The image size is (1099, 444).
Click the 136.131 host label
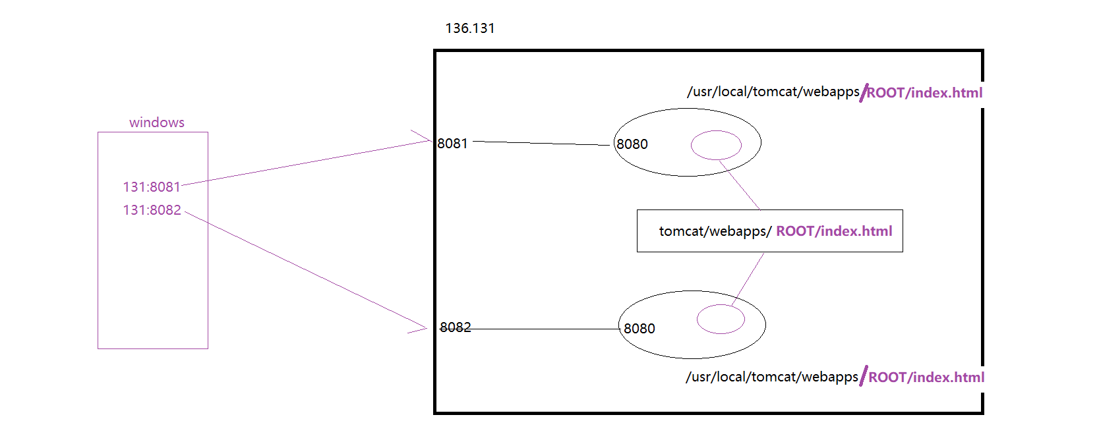point(469,28)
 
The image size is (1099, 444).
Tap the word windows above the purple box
point(157,123)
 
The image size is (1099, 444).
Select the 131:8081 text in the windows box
point(152,187)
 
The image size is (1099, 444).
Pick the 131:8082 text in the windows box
point(152,210)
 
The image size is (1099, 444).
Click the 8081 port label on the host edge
point(452,144)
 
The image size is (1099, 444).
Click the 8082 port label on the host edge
point(455,327)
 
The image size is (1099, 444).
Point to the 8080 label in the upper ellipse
point(632,144)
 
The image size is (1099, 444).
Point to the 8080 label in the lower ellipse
point(639,329)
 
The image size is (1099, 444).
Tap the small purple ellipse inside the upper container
point(716,145)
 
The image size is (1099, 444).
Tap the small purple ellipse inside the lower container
point(721,319)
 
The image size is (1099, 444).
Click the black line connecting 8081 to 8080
point(541,143)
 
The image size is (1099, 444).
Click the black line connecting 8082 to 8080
point(547,329)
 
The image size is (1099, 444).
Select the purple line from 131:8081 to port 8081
point(307,163)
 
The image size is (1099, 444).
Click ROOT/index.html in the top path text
point(924,93)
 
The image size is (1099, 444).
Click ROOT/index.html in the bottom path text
point(926,377)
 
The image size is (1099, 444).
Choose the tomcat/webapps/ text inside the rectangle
point(715,231)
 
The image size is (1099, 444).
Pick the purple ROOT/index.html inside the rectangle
point(834,231)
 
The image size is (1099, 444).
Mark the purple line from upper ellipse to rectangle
point(740,185)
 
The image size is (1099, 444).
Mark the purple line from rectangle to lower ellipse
point(748,279)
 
